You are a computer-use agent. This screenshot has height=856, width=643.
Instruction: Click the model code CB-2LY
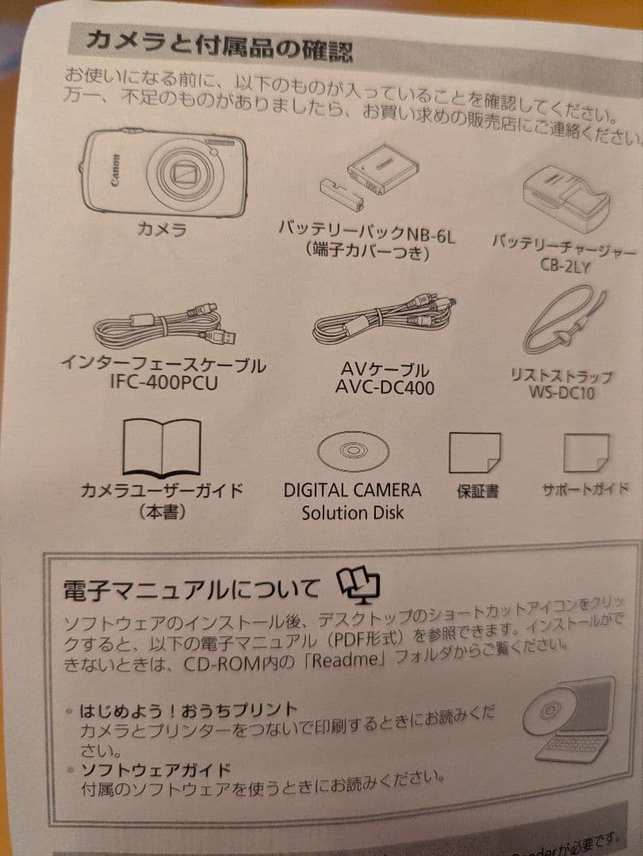565,266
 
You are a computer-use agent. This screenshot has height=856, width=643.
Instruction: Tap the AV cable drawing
385,321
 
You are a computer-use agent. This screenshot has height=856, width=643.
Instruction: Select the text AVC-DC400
385,388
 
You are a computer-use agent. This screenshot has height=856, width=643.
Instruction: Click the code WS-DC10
563,392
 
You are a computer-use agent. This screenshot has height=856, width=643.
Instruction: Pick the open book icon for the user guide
162,449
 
